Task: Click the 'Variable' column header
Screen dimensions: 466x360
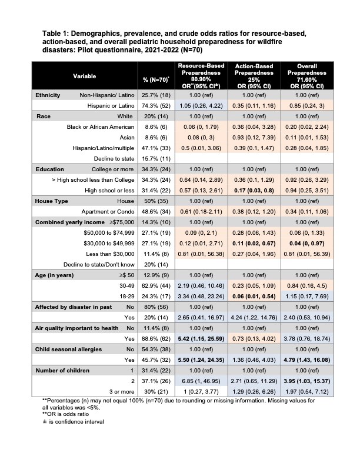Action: (85, 76)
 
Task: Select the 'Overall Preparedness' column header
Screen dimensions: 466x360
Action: (304, 76)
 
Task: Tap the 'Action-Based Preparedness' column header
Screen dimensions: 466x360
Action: (252, 76)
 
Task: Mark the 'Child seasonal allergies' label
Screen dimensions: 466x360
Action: (66, 349)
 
